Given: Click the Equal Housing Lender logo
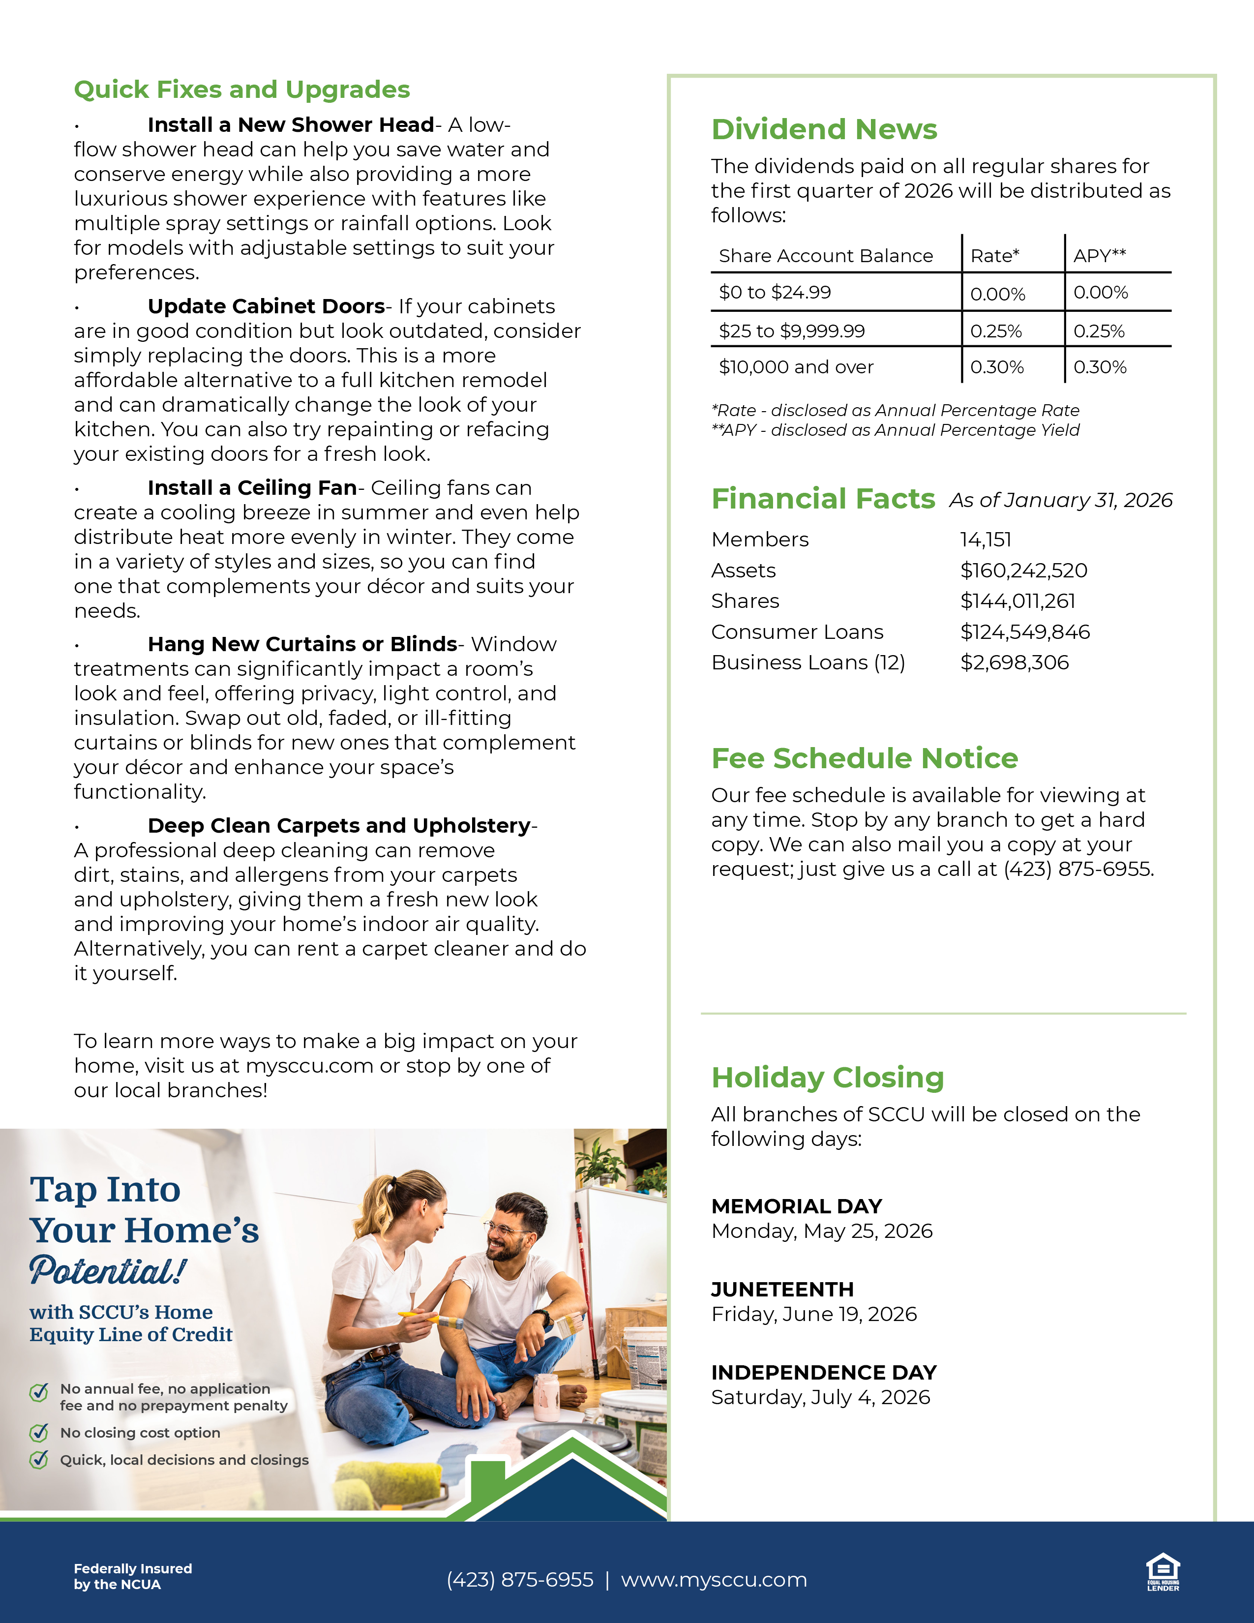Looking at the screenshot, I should (x=1163, y=1572).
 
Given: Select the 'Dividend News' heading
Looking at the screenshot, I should (x=824, y=129).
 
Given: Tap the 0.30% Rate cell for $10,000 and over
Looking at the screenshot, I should (x=997, y=367).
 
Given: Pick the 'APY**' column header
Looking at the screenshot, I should (x=1100, y=256).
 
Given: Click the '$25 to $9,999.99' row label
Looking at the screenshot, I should (x=792, y=331).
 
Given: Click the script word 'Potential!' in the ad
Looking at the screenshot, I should (x=108, y=1271).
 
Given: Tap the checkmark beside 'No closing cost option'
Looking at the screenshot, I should (x=39, y=1432).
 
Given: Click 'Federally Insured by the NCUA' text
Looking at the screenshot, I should (x=133, y=1576).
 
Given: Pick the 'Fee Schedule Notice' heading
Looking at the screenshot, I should (x=865, y=758).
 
